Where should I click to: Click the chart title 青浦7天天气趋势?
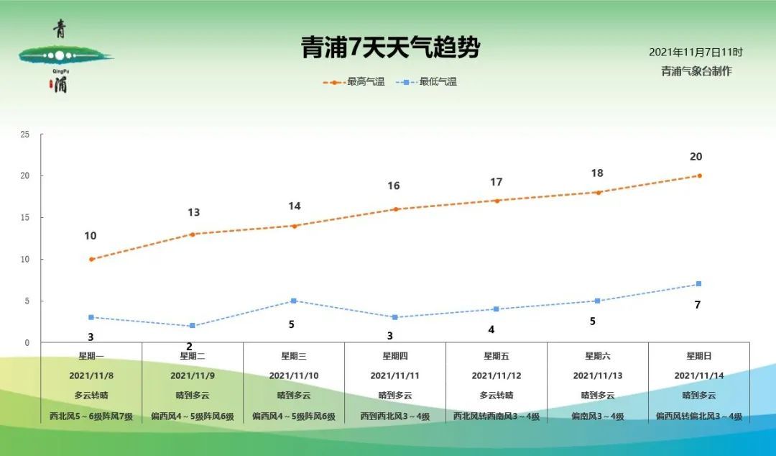tap(390, 48)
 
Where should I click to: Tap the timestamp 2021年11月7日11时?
tap(696, 53)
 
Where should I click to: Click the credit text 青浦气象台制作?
tap(696, 71)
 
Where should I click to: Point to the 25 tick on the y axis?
tap(25, 134)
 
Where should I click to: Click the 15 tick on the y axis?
tap(25, 218)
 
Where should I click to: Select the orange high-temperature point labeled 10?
tap(91, 259)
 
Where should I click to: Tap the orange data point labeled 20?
tap(699, 175)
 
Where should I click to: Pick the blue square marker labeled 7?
tap(699, 284)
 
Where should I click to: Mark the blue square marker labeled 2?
tap(193, 326)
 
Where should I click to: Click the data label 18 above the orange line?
tap(597, 173)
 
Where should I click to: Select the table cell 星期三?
tap(294, 356)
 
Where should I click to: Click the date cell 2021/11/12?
tap(496, 375)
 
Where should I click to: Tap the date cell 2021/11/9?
tap(193, 375)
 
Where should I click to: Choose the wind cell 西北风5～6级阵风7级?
tap(91, 416)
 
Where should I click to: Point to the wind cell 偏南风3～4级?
tap(598, 416)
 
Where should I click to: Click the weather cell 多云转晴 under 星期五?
tap(496, 396)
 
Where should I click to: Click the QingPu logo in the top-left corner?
tap(63, 55)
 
